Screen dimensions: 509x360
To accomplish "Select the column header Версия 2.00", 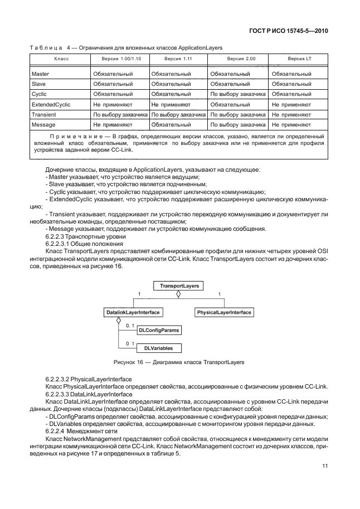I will click(x=237, y=59).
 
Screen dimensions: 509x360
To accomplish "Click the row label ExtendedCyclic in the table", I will click(x=51, y=104).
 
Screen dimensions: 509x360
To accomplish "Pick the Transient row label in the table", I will click(x=43, y=114).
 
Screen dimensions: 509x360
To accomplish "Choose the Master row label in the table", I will click(x=41, y=74).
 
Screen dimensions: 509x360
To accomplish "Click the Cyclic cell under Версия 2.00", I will click(x=237, y=94).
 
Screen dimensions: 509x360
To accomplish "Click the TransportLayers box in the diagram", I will click(x=176, y=285).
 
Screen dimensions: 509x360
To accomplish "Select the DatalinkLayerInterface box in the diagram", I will click(x=133, y=313).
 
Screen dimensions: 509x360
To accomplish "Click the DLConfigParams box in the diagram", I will click(x=159, y=331).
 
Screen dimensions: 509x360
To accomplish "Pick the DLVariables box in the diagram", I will click(x=159, y=348).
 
